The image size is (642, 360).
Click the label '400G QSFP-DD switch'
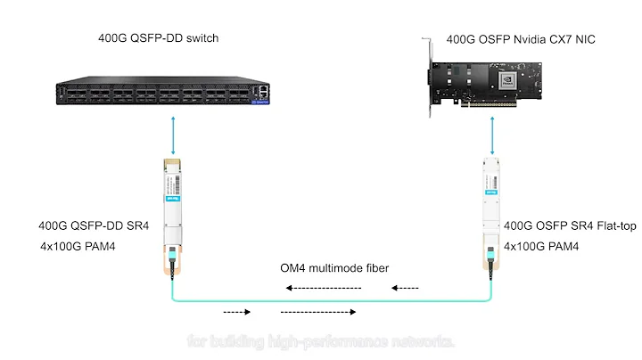point(158,38)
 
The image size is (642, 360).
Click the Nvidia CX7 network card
point(499,83)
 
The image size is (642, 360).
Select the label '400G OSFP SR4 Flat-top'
point(564,225)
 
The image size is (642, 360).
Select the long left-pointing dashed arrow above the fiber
point(324,288)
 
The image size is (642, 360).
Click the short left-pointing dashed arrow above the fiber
point(407,288)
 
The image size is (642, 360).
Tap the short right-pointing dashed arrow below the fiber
point(236,312)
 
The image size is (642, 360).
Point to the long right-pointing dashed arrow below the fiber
point(319,312)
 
